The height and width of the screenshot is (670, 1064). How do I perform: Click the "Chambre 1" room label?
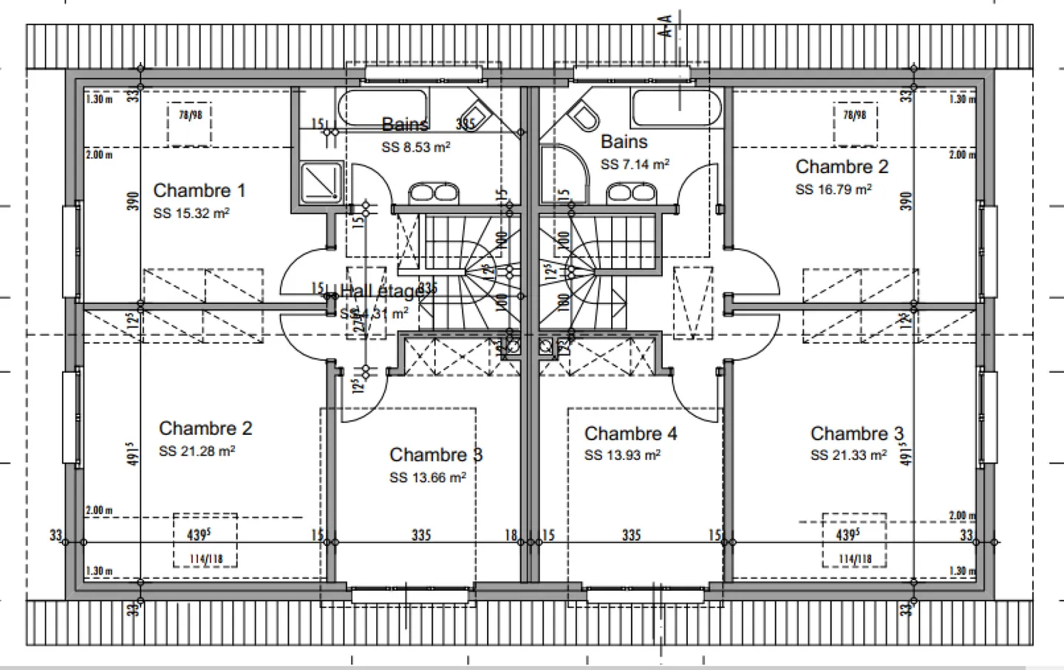coord(199,190)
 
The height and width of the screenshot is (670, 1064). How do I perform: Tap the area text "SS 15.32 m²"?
coord(191,214)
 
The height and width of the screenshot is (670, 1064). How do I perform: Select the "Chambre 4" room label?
coord(630,433)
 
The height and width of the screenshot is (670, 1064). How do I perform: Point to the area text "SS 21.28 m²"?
coord(197,451)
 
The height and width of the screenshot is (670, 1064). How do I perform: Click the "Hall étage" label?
coord(383,291)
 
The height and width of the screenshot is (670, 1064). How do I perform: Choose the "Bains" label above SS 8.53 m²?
coord(404,124)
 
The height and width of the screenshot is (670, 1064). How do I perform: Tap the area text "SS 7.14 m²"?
coord(635,164)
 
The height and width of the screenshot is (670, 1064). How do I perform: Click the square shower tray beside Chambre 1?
coord(321,182)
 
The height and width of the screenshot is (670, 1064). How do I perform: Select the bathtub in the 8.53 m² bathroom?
coord(383,106)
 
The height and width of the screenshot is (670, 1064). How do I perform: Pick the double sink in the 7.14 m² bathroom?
coord(631,194)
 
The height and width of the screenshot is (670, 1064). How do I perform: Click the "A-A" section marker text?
coord(666,27)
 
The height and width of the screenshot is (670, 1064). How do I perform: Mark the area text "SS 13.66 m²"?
coord(427,478)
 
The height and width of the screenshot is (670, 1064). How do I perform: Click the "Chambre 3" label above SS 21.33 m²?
coord(856,433)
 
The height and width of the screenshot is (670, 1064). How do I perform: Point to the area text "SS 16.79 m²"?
coord(833,189)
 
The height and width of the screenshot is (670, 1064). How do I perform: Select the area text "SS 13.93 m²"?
coord(622,456)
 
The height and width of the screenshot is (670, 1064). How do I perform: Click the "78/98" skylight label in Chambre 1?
coord(191,115)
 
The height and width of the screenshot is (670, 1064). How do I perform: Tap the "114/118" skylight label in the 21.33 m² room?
coord(854,560)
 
